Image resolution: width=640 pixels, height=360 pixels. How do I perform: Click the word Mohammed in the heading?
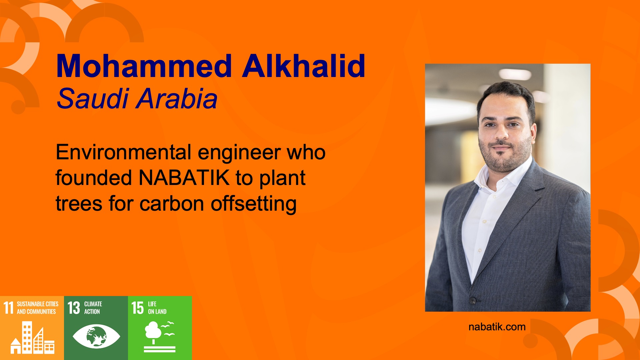tap(144, 66)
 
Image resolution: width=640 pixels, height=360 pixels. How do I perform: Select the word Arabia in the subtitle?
tap(178, 99)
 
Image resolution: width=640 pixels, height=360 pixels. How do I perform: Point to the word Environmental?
tap(123, 152)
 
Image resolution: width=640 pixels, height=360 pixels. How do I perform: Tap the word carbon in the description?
tap(172, 204)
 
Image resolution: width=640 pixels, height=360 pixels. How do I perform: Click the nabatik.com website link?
tap(497, 327)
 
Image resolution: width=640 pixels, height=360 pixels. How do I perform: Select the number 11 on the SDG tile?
tap(9, 308)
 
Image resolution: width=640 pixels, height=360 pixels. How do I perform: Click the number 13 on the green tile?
tap(74, 308)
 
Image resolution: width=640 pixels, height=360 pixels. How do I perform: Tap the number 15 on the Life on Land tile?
tap(137, 308)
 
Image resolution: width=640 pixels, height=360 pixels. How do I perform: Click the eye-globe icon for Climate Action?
tap(96, 336)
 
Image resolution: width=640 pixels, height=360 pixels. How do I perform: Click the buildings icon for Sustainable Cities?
tap(32, 337)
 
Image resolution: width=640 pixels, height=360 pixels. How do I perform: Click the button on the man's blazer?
tap(473, 300)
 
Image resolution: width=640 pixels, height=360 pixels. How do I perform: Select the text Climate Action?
tap(93, 308)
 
